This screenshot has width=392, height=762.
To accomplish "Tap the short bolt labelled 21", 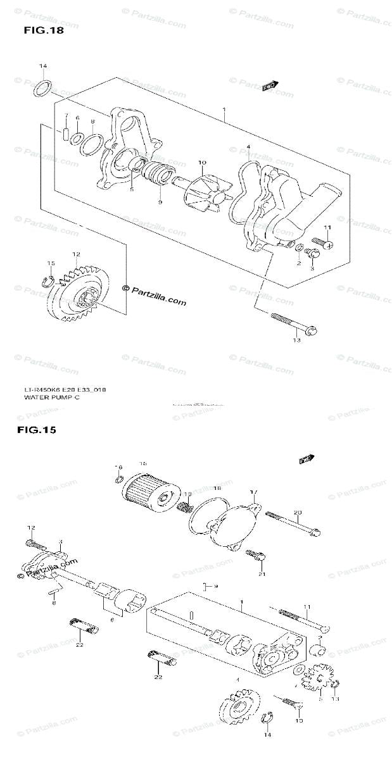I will pyautogui.click(x=255, y=556).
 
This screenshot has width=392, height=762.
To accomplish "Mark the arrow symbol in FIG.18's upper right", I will pyautogui.click(x=271, y=85).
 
